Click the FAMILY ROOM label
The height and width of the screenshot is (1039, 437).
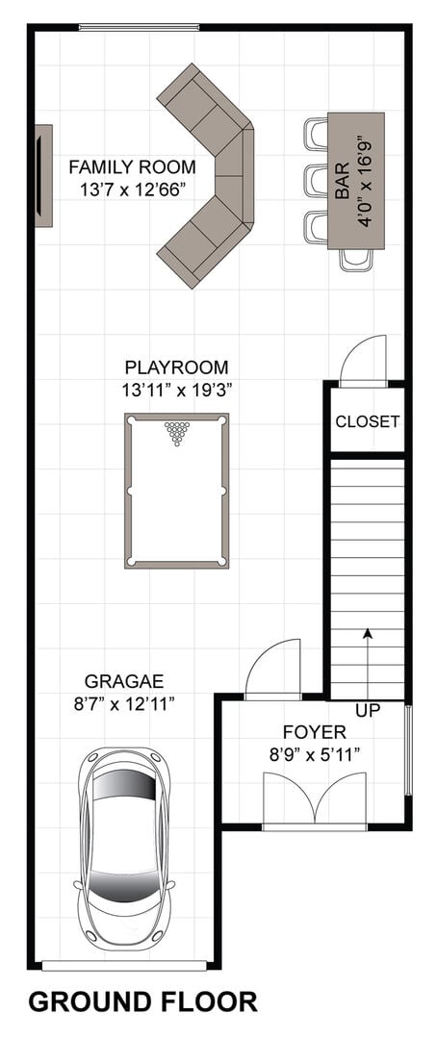click(x=132, y=166)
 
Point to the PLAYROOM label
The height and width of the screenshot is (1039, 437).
click(x=176, y=367)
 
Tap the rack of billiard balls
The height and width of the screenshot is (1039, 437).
click(x=177, y=433)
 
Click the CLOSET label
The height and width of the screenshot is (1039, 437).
click(x=367, y=421)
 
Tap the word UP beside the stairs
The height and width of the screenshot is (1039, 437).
click(x=368, y=711)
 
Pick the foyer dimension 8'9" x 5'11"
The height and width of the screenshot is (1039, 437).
click(x=315, y=755)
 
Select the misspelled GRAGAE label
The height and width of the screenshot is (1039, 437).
click(x=124, y=680)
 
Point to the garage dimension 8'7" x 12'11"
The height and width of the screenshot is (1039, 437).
click(x=124, y=703)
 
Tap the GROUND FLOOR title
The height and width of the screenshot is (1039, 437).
click(x=143, y=1001)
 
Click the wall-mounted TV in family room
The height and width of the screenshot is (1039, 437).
click(x=43, y=176)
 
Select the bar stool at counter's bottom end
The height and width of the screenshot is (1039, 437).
click(x=356, y=260)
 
